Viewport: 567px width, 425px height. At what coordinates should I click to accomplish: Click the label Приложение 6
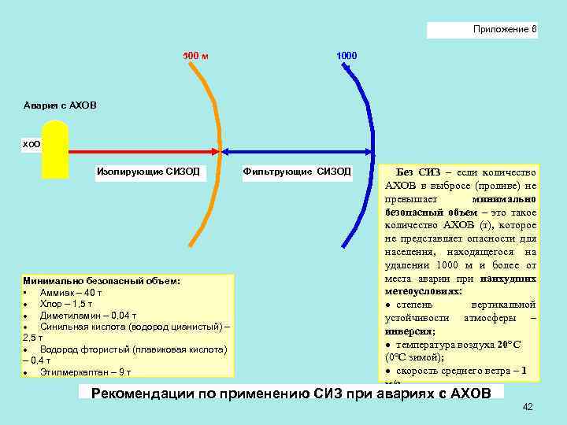tap(505, 29)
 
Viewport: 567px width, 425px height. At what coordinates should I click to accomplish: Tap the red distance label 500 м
tap(195, 56)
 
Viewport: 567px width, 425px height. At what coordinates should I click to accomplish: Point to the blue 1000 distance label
tap(346, 56)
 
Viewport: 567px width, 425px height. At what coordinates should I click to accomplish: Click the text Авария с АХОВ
tap(61, 105)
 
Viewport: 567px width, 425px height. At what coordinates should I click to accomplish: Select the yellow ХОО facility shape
tap(55, 150)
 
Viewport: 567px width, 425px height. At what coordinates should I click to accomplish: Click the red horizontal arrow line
tap(142, 150)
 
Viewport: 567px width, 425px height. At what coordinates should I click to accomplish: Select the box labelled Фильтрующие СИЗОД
tap(297, 171)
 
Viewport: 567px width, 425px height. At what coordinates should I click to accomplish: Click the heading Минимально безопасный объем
tap(102, 280)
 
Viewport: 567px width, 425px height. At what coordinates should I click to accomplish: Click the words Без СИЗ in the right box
tap(418, 172)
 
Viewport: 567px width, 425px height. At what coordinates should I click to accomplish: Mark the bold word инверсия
tap(409, 331)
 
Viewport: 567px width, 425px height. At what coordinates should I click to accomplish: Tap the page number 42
tap(528, 406)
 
